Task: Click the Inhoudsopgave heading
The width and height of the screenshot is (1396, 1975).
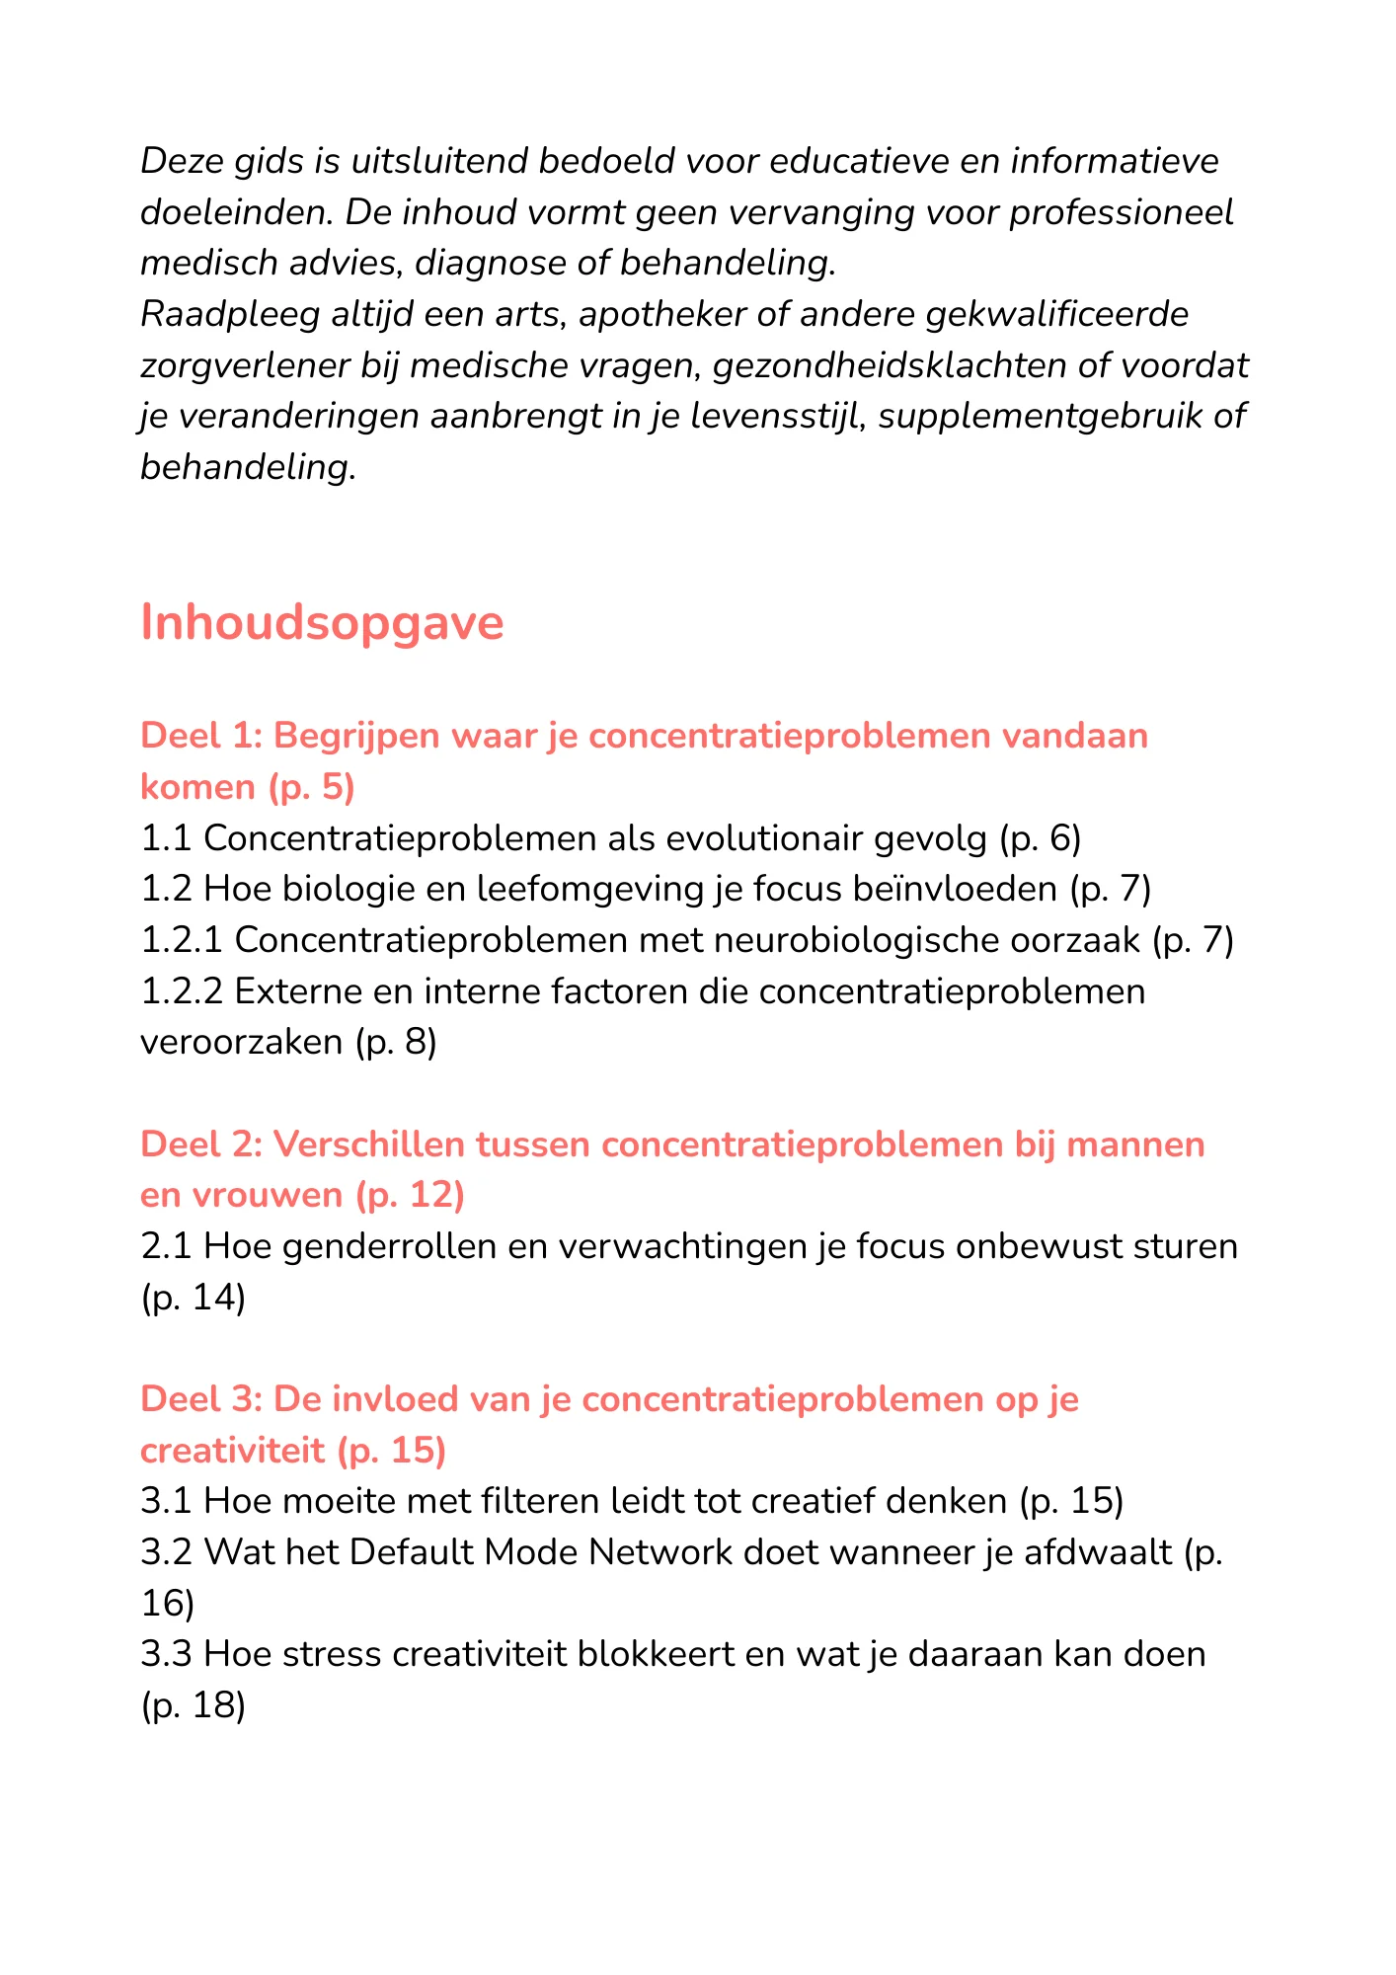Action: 322,623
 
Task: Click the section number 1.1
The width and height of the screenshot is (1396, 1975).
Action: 165,838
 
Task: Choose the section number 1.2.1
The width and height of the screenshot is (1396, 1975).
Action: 181,940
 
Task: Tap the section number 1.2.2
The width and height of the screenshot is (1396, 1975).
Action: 181,991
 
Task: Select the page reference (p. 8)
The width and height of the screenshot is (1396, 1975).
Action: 395,1042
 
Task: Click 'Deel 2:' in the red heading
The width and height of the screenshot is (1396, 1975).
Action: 200,1145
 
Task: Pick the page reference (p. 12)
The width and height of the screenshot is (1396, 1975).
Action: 409,1195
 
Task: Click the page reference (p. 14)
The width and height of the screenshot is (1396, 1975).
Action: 194,1297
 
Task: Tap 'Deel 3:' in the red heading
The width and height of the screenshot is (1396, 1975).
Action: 200,1399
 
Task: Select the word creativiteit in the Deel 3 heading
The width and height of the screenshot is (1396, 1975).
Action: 232,1450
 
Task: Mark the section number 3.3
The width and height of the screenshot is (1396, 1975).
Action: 165,1654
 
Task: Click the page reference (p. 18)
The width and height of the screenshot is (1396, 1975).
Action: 194,1704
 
